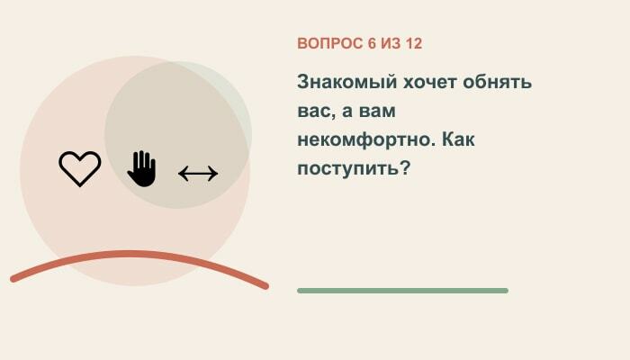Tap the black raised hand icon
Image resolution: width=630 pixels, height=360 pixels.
142,169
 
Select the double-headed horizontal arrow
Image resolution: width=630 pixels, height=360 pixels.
198,174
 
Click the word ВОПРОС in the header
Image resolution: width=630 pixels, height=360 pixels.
329,43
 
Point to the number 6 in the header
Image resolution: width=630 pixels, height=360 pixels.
372,43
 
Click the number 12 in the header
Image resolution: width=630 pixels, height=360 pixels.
414,43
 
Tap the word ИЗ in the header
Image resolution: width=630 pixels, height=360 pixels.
391,43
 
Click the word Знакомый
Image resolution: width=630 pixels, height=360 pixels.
347,83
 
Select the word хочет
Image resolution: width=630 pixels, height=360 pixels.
430,83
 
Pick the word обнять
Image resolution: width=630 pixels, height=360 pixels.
498,83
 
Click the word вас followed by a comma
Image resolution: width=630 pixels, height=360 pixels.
317,112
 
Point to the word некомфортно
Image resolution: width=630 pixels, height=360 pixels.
366,140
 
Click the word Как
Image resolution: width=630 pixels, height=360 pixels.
458,139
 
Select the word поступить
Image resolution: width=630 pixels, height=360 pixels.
348,168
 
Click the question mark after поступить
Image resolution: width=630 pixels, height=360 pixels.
405,167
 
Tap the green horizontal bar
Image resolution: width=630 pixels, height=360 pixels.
402,291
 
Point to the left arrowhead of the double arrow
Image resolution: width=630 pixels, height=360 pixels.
182,174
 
